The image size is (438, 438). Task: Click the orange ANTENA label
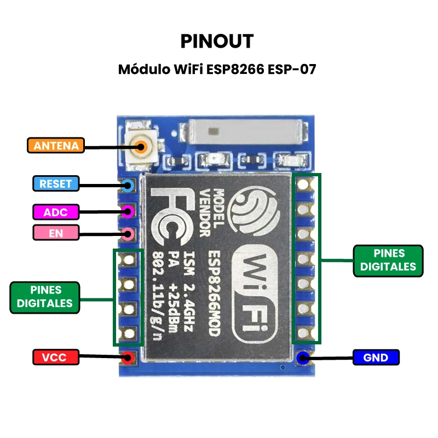click(56, 146)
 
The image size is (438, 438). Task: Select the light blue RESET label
click(56, 183)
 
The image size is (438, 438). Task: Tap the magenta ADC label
click(56, 212)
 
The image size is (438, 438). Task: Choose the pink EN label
click(56, 233)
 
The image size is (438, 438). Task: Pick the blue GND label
click(376, 358)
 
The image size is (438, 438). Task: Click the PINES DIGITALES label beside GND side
click(388, 260)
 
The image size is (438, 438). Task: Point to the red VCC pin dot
click(128, 358)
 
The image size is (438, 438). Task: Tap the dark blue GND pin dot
click(302, 358)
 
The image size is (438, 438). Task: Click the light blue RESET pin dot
click(128, 185)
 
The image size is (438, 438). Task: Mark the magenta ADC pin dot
click(128, 210)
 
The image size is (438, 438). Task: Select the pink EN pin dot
click(128, 234)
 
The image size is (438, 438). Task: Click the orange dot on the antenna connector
click(142, 146)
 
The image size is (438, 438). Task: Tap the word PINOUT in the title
click(217, 42)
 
